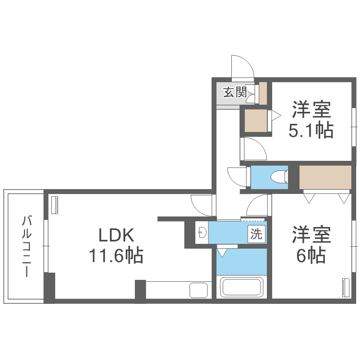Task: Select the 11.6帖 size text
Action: point(115,255)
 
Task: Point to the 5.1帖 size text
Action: point(311,131)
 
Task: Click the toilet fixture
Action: point(278,177)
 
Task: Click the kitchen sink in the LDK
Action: point(198,290)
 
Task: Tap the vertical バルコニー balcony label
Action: point(26,246)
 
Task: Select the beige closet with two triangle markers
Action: point(325,177)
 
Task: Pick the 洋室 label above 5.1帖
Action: point(311,110)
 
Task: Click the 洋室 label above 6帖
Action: point(311,235)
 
